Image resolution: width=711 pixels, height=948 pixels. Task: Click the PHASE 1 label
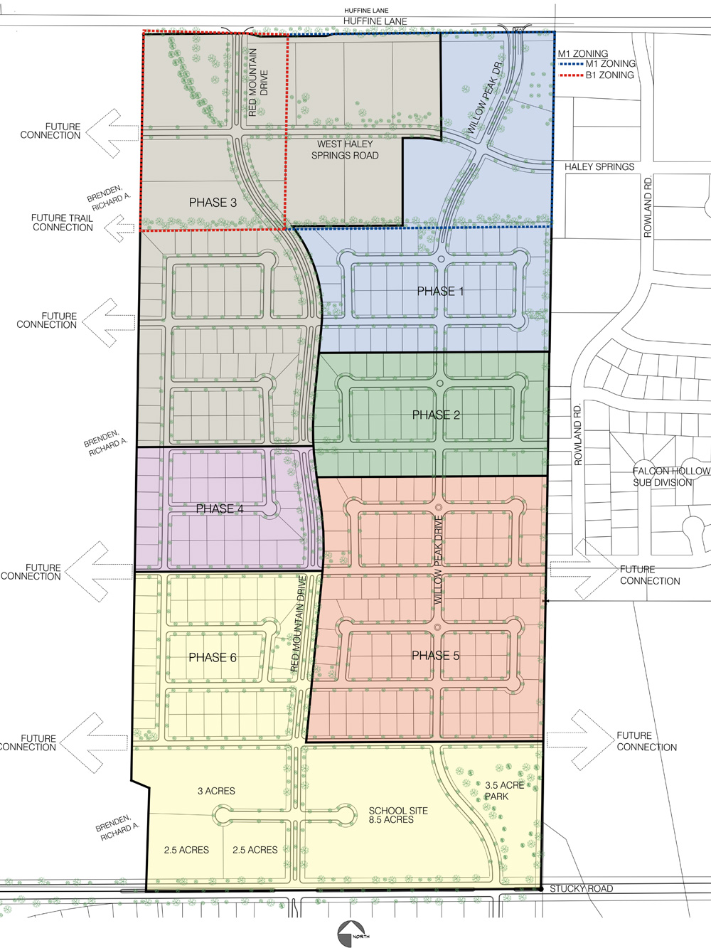[x=440, y=291]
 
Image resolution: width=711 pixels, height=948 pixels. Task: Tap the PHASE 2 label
[x=436, y=415]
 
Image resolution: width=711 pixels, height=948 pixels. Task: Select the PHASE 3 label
[x=213, y=203]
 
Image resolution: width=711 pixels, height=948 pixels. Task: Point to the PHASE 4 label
[x=220, y=508]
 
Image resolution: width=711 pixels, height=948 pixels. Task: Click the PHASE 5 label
[x=435, y=656]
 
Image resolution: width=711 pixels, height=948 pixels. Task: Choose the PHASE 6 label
[x=213, y=657]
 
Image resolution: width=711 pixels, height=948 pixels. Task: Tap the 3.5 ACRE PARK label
[x=504, y=791]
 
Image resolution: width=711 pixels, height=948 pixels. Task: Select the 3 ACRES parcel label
[x=216, y=791]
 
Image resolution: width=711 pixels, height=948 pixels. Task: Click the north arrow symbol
[x=352, y=932]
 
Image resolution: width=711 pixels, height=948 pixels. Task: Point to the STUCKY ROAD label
[x=581, y=888]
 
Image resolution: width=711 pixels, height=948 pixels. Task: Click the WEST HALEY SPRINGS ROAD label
[x=345, y=149]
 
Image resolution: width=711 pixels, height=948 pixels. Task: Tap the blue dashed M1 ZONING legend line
[x=571, y=64]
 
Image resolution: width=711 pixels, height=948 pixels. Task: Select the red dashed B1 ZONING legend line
[x=571, y=75]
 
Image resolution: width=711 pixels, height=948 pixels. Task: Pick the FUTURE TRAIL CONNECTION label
[x=63, y=223]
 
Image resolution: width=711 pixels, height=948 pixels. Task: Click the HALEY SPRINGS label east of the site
[x=599, y=166]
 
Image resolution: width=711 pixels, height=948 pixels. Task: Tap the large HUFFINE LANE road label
[x=375, y=21]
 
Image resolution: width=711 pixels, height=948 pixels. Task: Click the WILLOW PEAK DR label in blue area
[x=485, y=98]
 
